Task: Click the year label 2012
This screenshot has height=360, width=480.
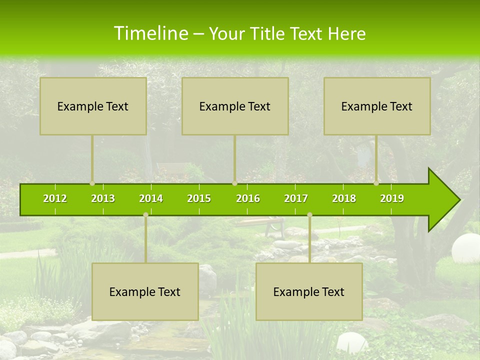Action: click(x=55, y=198)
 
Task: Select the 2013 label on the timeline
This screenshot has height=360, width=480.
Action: click(x=103, y=198)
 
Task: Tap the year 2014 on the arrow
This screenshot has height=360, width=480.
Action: click(x=151, y=198)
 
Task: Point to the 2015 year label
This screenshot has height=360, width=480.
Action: click(x=199, y=198)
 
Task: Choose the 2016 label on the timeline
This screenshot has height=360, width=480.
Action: click(x=248, y=198)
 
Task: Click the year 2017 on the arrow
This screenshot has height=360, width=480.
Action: click(x=296, y=198)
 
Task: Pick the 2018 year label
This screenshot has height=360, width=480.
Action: click(x=344, y=198)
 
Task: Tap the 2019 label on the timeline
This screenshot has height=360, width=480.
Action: click(x=392, y=198)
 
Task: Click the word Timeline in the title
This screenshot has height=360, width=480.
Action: click(x=150, y=33)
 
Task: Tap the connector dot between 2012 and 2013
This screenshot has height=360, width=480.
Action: click(x=92, y=183)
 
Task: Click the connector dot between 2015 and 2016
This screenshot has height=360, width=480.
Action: click(x=234, y=183)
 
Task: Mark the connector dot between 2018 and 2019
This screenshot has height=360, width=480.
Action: click(x=376, y=183)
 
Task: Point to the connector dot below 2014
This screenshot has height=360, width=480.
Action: click(x=145, y=214)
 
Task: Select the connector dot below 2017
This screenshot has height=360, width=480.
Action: click(x=309, y=214)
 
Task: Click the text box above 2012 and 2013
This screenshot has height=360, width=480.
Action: click(x=93, y=106)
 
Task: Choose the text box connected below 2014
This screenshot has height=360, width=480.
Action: click(x=145, y=291)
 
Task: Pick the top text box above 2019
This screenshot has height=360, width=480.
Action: click(x=377, y=106)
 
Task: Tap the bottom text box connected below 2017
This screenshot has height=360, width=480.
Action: click(x=309, y=291)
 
